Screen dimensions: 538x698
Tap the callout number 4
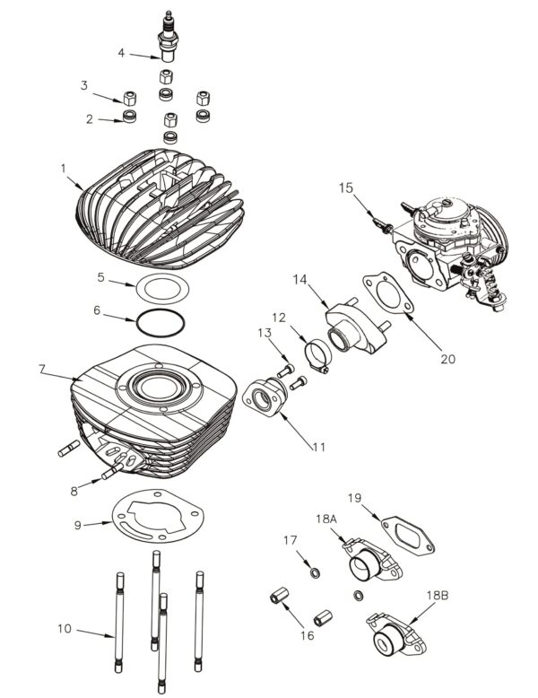(x=121, y=53)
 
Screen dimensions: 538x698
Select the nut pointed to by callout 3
(x=129, y=98)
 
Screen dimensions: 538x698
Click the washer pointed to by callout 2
(x=129, y=116)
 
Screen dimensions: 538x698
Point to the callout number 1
(x=63, y=169)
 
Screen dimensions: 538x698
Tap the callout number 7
(x=42, y=369)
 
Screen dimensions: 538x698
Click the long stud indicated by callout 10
(x=119, y=623)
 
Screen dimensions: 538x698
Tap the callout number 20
(x=447, y=359)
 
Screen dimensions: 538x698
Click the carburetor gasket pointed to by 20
(x=388, y=292)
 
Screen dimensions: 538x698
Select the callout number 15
(x=346, y=188)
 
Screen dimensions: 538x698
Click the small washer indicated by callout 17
(x=315, y=572)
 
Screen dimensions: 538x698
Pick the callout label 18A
(x=326, y=519)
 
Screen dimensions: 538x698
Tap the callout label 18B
(x=438, y=595)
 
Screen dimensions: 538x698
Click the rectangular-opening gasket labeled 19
(x=408, y=536)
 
